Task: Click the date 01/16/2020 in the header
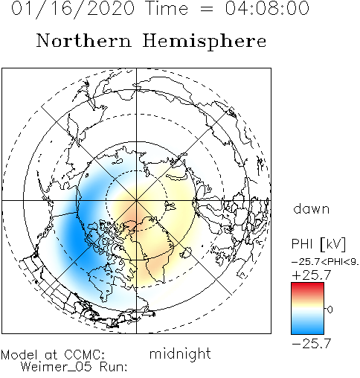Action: [x=73, y=9]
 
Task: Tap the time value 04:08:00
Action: [x=267, y=8]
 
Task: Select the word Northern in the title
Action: [x=84, y=40]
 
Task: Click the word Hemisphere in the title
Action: [x=205, y=41]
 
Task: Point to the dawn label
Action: [x=312, y=208]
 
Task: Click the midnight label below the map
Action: [x=180, y=353]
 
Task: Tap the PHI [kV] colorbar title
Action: [x=318, y=244]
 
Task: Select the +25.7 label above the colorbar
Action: [x=312, y=275]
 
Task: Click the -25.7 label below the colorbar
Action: [x=312, y=344]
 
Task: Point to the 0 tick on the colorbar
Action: [x=330, y=310]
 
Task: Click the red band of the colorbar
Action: [x=307, y=288]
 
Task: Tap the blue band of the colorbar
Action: [x=307, y=327]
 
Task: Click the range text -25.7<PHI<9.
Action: [x=326, y=262]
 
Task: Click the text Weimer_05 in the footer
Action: [x=57, y=367]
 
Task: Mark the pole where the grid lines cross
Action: [x=136, y=200]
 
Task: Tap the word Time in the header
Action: [x=167, y=8]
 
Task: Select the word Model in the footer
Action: [x=19, y=354]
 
